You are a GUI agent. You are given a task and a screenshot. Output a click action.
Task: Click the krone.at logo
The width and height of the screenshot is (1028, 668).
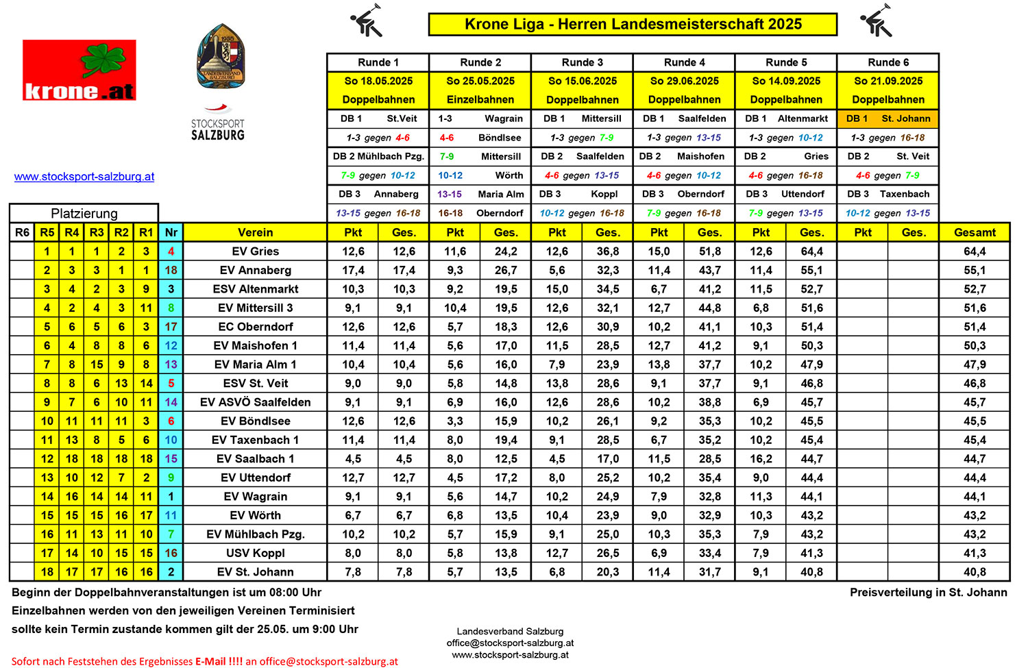(79, 70)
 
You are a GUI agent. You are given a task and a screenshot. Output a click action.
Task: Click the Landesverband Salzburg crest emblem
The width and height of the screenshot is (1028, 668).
(220, 57)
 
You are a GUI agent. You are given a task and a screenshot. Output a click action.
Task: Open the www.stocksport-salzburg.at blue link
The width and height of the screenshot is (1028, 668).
(84, 177)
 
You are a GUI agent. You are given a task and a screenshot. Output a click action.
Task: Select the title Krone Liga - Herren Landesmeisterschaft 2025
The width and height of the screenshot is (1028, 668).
(633, 24)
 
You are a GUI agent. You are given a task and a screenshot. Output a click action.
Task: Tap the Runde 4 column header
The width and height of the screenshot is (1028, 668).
(684, 62)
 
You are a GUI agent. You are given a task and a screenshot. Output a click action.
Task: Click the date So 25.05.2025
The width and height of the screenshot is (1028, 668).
(480, 81)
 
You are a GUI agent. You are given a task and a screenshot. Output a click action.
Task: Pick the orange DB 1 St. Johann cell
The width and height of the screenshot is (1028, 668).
(888, 119)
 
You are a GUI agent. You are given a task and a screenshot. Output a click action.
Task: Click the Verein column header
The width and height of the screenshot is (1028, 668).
(255, 232)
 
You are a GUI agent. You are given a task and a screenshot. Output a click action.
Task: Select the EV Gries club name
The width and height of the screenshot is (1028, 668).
(255, 251)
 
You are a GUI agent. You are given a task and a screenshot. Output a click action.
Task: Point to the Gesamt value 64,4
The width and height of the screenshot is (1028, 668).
(975, 251)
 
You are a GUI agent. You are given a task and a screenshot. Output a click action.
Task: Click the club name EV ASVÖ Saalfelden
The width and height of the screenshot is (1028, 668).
(255, 402)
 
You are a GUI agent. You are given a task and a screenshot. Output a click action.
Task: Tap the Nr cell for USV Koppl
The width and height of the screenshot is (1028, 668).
(171, 553)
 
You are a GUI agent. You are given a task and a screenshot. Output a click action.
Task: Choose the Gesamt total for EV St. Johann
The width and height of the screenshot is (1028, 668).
(975, 572)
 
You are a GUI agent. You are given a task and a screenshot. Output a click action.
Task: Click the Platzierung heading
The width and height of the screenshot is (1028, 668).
(84, 213)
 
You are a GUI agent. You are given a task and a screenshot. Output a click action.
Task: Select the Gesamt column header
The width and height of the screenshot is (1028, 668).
(975, 232)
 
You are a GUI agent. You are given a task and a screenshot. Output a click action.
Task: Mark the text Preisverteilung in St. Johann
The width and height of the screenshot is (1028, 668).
(929, 593)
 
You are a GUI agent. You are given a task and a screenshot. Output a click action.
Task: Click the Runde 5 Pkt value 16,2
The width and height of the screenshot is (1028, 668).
(761, 459)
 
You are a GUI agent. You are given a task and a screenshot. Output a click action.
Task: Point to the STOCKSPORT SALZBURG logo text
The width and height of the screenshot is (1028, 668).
(218, 129)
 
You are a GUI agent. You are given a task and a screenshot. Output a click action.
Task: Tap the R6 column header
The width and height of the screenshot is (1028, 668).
(22, 232)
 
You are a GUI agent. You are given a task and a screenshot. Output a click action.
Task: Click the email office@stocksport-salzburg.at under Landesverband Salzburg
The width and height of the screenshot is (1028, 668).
(510, 643)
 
